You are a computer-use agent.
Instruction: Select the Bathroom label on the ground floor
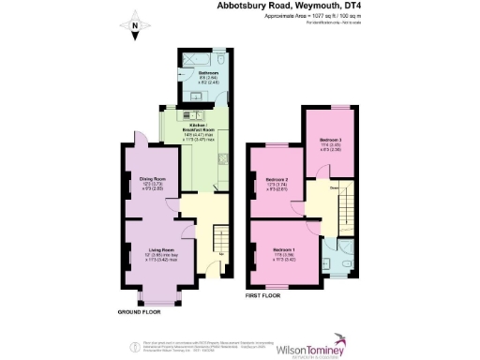[x=207, y=71]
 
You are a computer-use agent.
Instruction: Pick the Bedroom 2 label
[x=275, y=179]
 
